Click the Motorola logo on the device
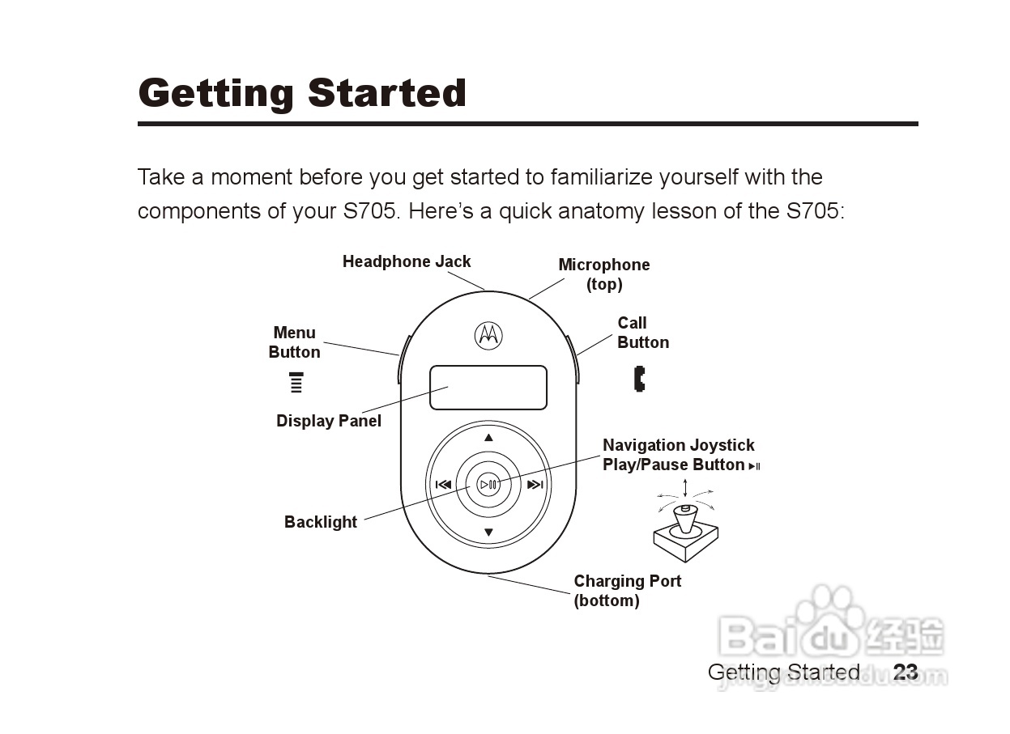click(x=488, y=334)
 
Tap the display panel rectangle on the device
click(x=488, y=388)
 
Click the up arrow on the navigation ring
click(x=488, y=438)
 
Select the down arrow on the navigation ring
click(x=488, y=532)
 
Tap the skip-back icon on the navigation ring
click(x=443, y=486)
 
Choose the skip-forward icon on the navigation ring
click(x=535, y=486)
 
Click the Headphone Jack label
click(x=406, y=261)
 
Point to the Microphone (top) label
click(x=604, y=274)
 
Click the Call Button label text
click(x=642, y=333)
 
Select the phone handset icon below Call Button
click(x=640, y=379)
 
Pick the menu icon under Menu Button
click(x=296, y=383)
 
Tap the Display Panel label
click(x=328, y=421)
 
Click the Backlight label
click(x=320, y=522)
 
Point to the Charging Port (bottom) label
click(x=627, y=591)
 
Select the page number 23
click(x=906, y=672)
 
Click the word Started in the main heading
click(x=387, y=93)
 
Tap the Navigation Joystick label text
click(x=678, y=445)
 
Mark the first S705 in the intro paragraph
click(x=370, y=211)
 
